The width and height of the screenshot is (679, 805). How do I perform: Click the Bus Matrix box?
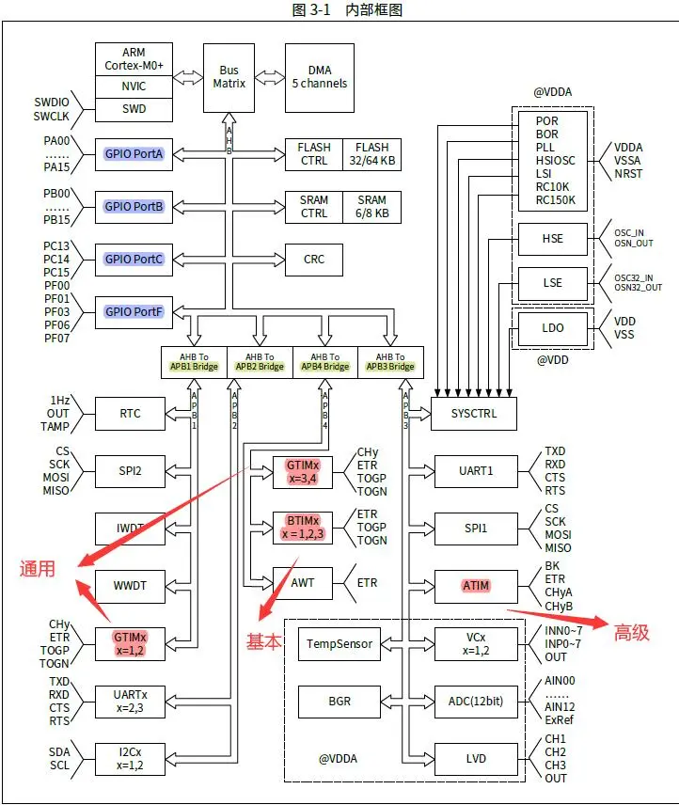click(230, 77)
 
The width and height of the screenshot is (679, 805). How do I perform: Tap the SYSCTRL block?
click(474, 414)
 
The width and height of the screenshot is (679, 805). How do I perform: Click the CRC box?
click(314, 259)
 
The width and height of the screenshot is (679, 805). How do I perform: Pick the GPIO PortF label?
click(134, 311)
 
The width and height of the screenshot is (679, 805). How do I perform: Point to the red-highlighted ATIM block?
click(476, 586)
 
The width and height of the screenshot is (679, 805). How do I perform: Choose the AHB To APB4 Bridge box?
click(324, 362)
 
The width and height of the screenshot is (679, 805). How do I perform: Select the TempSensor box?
click(339, 644)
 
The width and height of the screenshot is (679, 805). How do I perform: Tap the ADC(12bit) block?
click(476, 702)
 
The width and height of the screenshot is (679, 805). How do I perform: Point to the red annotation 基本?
click(263, 641)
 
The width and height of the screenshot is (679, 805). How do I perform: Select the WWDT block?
click(131, 585)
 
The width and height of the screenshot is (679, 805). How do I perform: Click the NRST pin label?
click(629, 174)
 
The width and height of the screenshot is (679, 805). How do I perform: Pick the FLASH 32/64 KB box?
click(371, 154)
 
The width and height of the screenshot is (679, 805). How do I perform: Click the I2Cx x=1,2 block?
click(131, 759)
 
